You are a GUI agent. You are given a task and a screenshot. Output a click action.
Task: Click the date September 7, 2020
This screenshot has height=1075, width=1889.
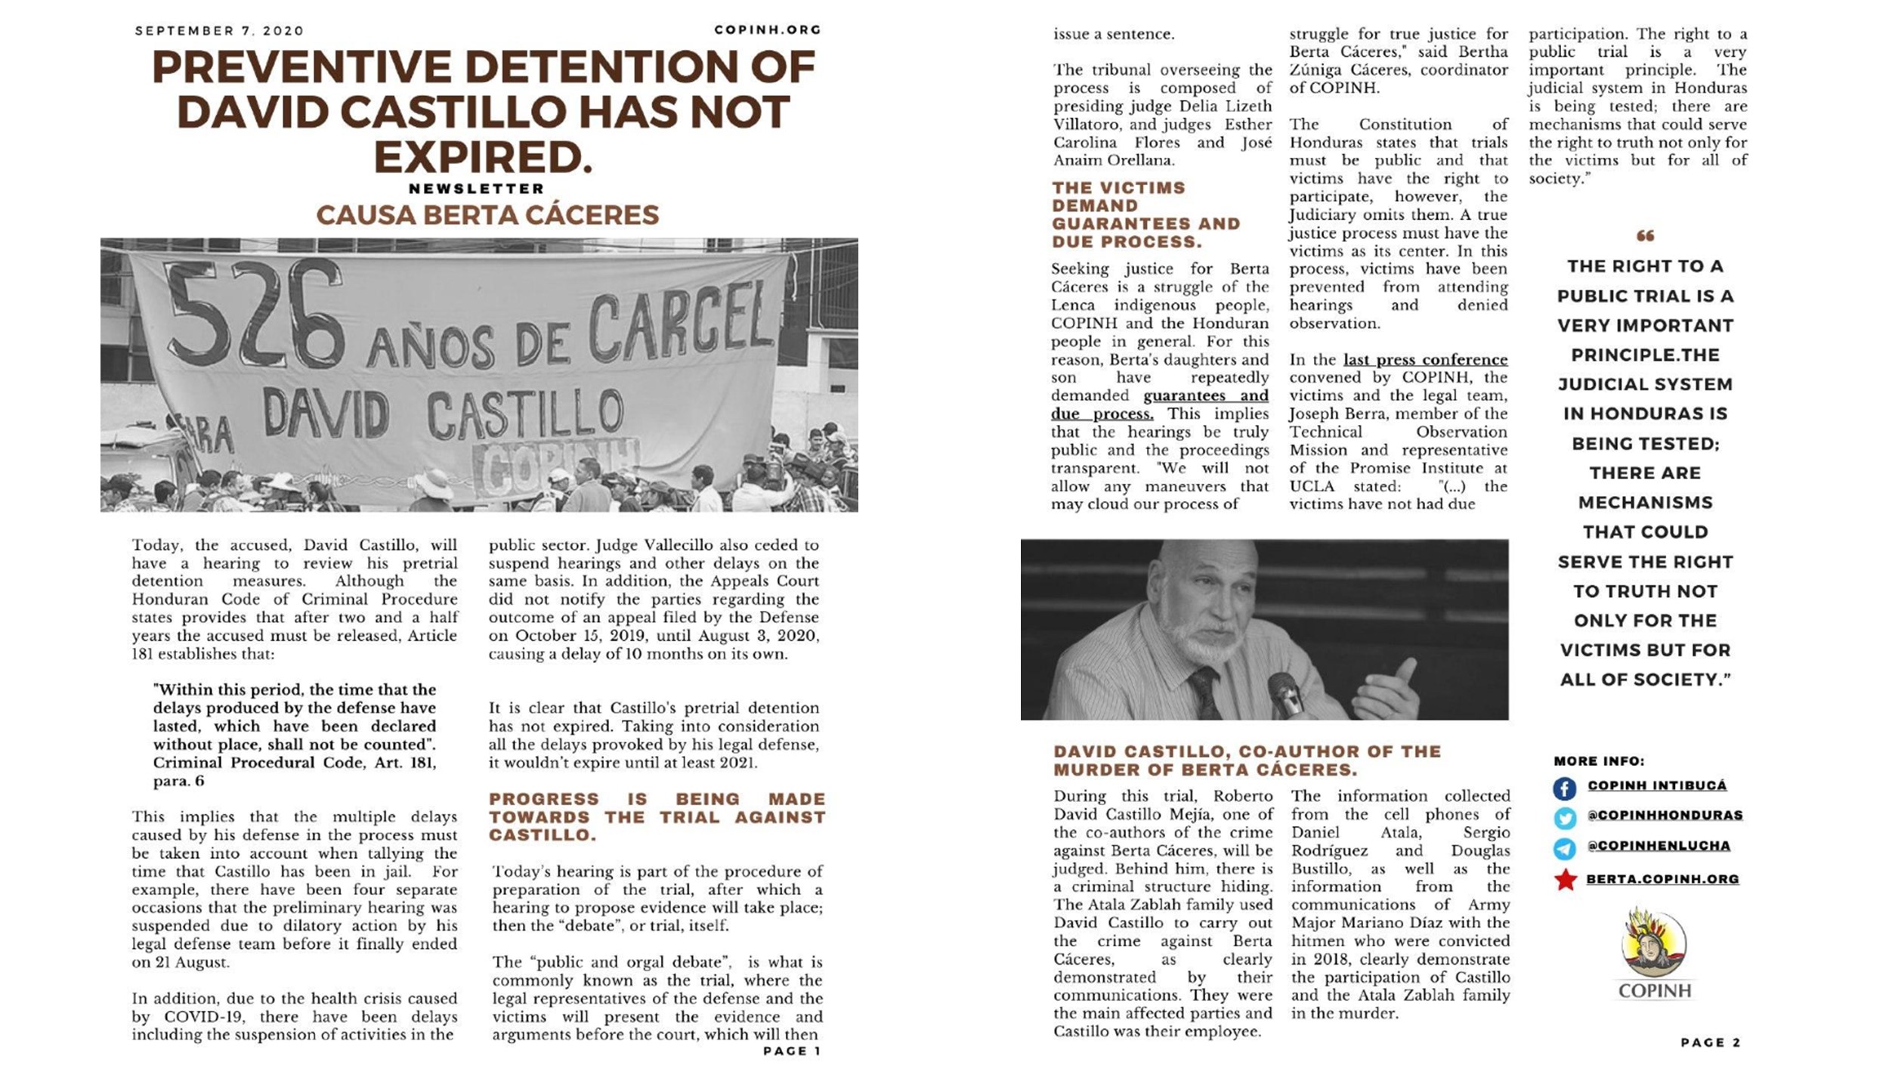point(219,31)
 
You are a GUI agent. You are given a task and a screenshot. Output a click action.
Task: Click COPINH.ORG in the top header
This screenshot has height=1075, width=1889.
point(767,30)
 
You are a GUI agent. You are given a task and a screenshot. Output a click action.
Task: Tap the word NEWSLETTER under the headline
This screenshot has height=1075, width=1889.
point(477,188)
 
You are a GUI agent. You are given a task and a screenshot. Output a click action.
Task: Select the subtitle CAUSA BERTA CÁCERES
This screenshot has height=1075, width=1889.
point(487,215)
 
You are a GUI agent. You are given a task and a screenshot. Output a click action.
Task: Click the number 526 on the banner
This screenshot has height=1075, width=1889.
point(253,314)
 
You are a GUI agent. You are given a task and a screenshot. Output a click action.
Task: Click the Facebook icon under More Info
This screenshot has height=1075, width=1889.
point(1564,788)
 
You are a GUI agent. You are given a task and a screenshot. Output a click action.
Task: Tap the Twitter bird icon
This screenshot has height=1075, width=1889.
point(1564,818)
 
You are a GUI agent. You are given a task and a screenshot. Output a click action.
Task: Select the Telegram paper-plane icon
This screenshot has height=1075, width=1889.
point(1564,848)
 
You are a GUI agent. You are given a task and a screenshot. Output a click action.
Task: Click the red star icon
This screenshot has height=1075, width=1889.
point(1565,879)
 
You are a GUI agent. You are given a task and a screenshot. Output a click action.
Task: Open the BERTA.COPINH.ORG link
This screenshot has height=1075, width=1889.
point(1662,879)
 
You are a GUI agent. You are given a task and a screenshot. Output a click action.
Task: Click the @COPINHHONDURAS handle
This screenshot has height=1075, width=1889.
point(1665,815)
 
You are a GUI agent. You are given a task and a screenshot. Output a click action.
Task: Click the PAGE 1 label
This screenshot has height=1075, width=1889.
point(791,1051)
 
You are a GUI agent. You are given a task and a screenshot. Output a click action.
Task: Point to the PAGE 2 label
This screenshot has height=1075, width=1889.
point(1710,1042)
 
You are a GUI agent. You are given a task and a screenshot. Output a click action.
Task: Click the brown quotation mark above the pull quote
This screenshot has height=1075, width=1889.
point(1645,236)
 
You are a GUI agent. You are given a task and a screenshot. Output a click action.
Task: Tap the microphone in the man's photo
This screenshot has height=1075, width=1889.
point(1285,692)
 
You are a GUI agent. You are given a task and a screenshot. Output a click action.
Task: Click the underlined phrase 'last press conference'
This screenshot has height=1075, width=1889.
point(1425,360)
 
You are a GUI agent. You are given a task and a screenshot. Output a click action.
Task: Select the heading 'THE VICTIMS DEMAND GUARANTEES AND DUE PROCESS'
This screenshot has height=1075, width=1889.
point(1145,215)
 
